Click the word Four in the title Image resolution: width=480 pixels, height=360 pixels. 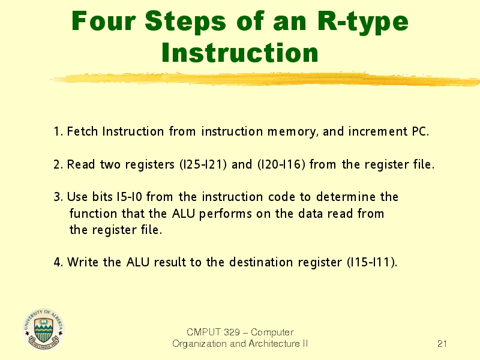[103, 21]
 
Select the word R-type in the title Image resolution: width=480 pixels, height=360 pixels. [363, 23]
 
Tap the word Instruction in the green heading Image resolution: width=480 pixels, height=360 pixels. [240, 53]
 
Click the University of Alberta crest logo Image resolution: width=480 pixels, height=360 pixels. [44, 329]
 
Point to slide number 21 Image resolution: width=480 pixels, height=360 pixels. [442, 344]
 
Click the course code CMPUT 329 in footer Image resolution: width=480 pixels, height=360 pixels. [213, 332]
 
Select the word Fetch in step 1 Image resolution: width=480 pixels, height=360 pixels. [82, 131]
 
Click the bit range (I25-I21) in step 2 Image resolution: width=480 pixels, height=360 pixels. [203, 164]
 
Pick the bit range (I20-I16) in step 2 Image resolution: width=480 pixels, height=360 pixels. [281, 164]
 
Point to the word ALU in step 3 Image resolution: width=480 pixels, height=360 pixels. [184, 214]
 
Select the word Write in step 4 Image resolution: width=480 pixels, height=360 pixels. [83, 262]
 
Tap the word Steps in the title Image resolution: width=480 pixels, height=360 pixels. [185, 23]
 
